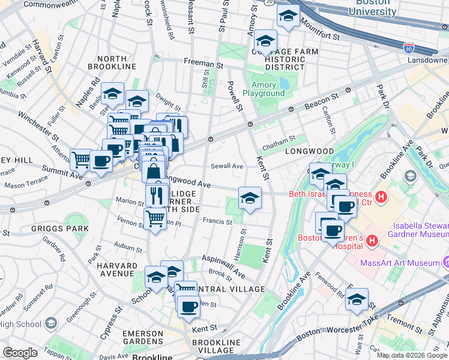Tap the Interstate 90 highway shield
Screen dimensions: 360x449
[409, 46]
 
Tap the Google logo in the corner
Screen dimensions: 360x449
[20, 353]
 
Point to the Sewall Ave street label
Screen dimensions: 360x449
[227, 166]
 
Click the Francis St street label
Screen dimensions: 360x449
[217, 221]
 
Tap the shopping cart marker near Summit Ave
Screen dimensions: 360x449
[81, 160]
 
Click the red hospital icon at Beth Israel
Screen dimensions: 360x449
[380, 197]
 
